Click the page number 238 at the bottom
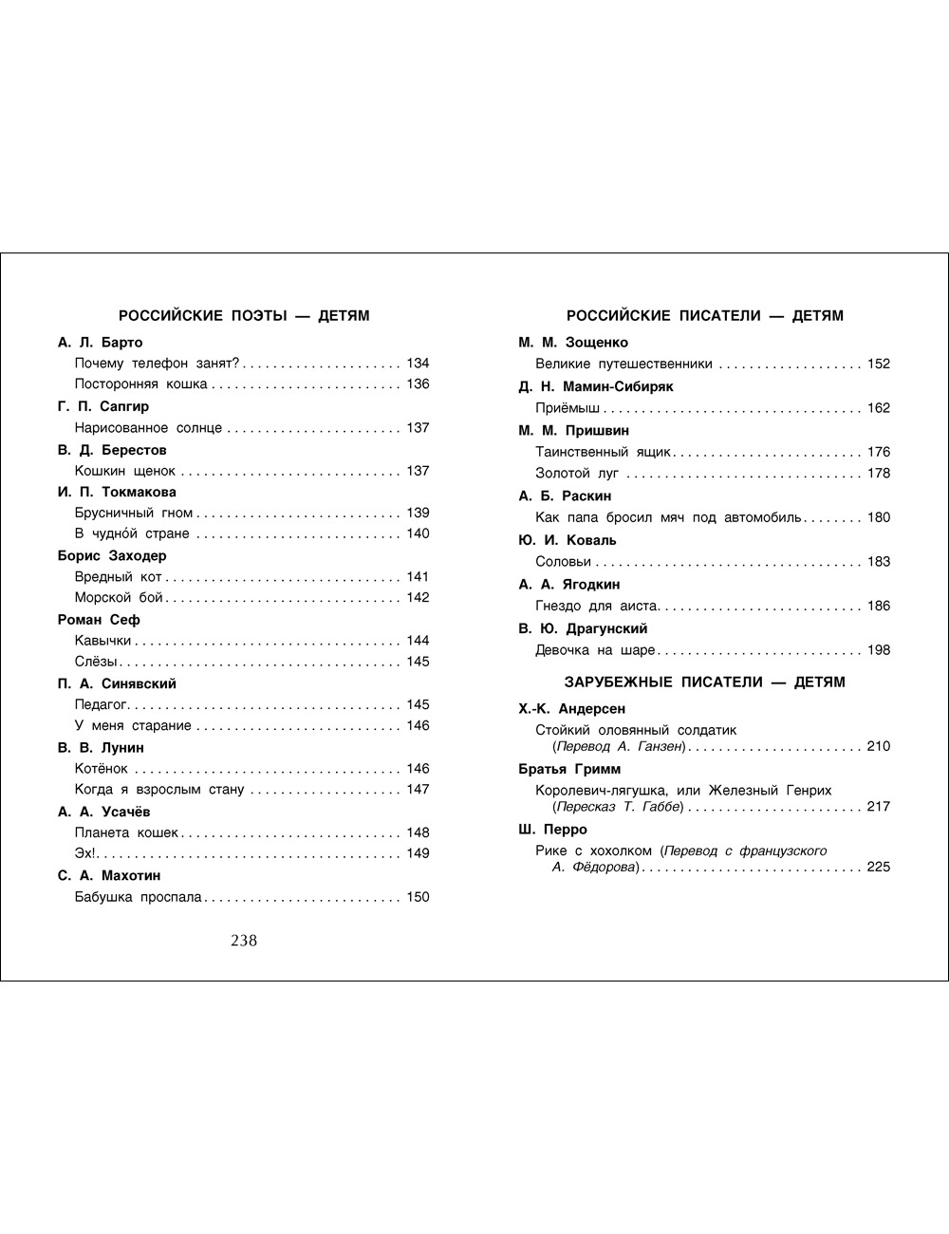[244, 941]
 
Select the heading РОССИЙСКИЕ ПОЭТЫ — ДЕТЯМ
[243, 316]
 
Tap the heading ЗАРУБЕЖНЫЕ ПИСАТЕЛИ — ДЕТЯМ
[704, 682]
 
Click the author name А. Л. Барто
[100, 343]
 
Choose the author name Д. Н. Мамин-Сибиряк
[596, 386]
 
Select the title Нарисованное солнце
[148, 428]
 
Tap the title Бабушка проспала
[139, 897]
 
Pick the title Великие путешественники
[623, 364]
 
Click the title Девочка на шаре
[595, 650]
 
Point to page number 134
[418, 364]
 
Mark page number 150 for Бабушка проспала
[418, 897]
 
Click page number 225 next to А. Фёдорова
[879, 867]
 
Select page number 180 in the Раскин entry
[879, 517]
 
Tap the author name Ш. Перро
[553, 830]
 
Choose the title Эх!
[84, 853]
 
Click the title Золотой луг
[577, 474]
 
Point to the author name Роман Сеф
[99, 620]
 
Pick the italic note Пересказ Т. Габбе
[619, 807]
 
